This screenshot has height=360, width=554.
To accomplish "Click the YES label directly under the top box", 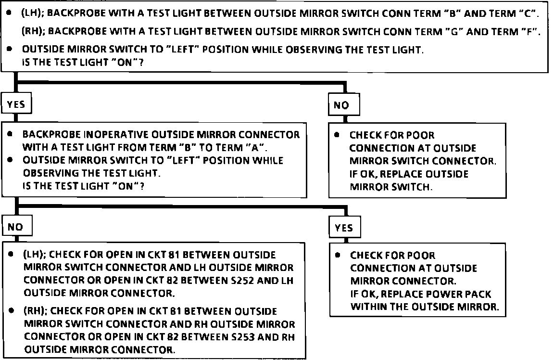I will pos(16,104).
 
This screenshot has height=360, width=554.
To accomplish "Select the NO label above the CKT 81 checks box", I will pos(15,227).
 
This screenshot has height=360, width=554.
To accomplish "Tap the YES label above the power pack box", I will pos(344,228).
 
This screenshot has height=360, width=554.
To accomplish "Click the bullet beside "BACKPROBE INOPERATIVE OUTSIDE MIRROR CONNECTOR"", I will pos(11,135).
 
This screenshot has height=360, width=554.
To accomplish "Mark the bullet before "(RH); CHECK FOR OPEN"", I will pos(11,312).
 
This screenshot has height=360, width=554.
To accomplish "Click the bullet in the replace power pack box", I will pos(338,255).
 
